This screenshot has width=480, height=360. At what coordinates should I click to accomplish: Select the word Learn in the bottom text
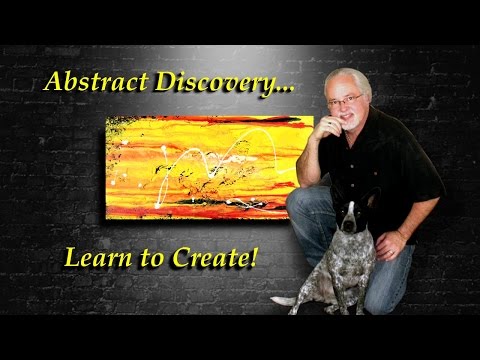point(94,258)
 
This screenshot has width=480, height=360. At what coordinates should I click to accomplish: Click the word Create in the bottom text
point(213,258)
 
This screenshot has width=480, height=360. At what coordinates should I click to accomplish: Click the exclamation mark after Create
point(253,257)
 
